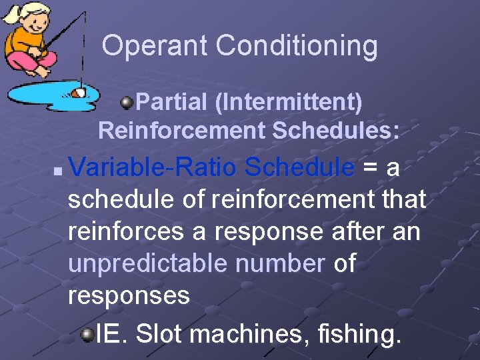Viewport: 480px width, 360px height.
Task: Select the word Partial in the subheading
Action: (x=171, y=103)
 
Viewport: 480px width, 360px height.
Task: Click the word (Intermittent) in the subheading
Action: (x=289, y=103)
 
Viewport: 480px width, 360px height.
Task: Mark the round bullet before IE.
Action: (x=87, y=333)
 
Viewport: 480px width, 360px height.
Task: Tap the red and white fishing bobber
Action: (x=78, y=93)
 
